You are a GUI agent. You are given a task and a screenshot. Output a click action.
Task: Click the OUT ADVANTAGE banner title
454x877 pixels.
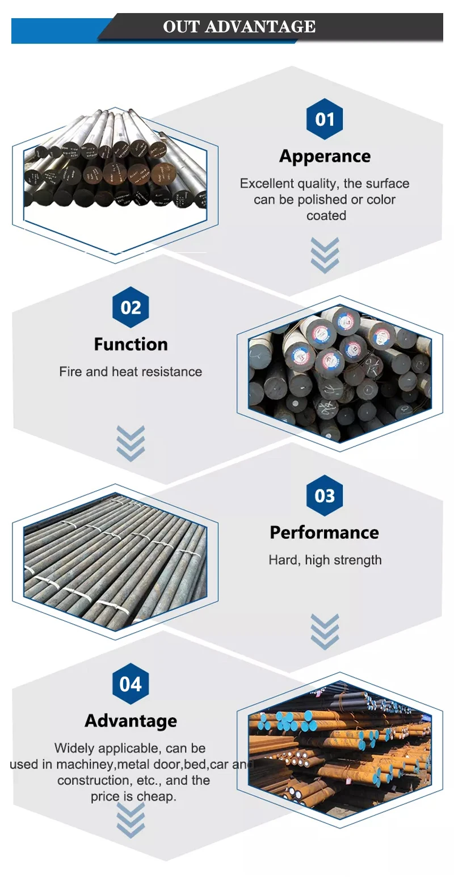239,27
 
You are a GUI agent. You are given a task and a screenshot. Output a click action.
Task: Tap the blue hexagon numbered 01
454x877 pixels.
325,119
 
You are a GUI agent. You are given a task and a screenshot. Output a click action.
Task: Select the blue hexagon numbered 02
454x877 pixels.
131,307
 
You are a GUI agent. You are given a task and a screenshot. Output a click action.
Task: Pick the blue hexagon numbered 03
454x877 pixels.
325,496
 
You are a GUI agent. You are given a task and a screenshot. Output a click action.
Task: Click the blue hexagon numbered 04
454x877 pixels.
131,684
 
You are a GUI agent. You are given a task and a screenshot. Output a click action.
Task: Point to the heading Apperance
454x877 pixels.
325,156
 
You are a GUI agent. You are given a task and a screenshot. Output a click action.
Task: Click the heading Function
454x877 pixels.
131,344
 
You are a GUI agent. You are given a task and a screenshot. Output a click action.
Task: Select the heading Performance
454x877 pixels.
325,532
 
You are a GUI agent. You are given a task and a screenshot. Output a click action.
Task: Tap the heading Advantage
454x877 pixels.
131,721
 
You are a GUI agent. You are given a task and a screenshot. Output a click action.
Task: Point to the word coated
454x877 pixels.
326,216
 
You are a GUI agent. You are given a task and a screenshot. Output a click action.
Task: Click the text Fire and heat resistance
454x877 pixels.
131,372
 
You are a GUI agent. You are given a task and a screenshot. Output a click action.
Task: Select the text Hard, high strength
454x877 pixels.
325,560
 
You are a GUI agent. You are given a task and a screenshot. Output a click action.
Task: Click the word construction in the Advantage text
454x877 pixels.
94,780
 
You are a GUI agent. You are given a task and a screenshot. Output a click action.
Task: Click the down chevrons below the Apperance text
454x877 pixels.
325,255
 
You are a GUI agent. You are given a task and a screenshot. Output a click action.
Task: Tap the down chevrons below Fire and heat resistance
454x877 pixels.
131,443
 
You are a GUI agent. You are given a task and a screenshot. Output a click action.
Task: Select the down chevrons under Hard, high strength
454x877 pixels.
325,631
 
